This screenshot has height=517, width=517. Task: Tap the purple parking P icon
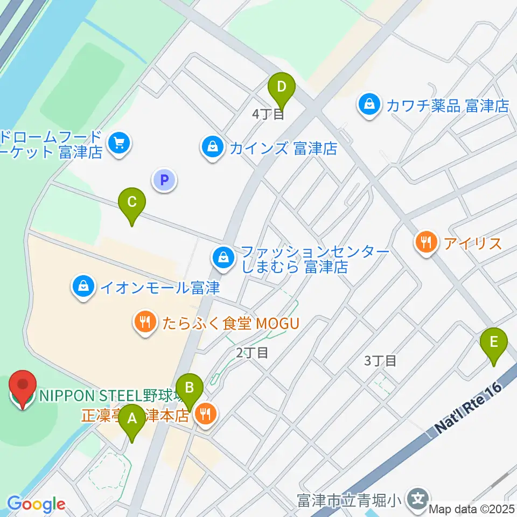pos(165,180)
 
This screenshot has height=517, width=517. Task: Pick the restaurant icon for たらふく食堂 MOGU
pos(144,323)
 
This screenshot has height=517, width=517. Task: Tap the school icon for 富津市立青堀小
pos(418,498)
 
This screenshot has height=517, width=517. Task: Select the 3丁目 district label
pos(380,360)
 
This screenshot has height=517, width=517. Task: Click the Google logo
pos(36,504)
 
